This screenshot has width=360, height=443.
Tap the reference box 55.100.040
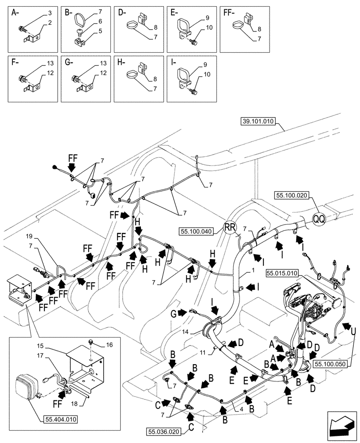197,231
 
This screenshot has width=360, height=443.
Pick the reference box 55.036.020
164,430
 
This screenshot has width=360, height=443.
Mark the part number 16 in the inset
110,344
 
